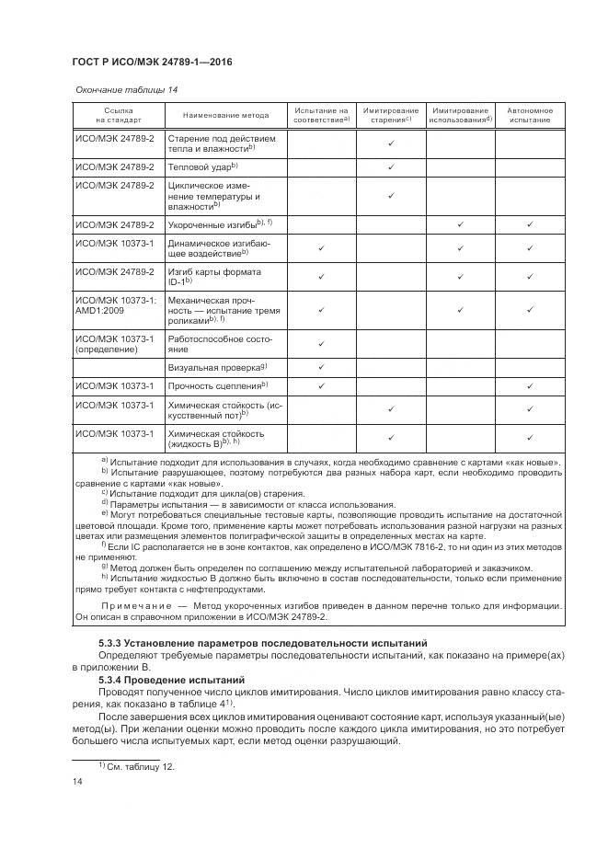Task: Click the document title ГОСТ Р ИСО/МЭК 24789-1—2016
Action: click(152, 62)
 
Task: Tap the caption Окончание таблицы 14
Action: click(119, 89)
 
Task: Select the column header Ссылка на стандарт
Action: click(119, 115)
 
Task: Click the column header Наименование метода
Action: click(225, 116)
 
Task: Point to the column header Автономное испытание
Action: click(531, 115)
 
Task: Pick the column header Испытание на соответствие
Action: click(321, 115)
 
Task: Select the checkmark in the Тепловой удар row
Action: click(391, 166)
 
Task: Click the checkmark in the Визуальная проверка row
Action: click(321, 367)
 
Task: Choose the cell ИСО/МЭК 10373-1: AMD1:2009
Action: click(116, 304)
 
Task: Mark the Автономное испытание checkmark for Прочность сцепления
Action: click(531, 384)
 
